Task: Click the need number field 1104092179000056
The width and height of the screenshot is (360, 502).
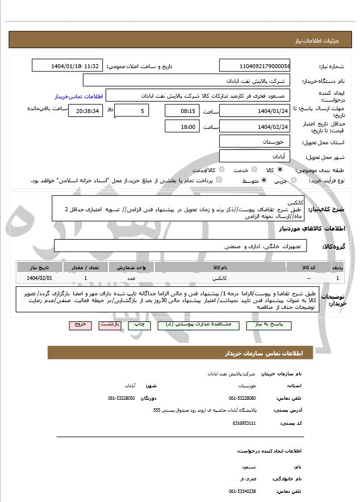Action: coord(254,66)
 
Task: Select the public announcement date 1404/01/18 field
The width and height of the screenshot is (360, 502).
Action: coord(68,66)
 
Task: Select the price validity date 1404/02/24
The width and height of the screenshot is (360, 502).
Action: coord(254,127)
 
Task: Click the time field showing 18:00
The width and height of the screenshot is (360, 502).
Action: coord(182,127)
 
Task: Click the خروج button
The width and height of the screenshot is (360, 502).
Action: coord(79,325)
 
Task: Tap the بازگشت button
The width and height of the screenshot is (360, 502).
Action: coord(109,325)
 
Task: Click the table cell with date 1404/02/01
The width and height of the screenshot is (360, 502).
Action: coord(39,278)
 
